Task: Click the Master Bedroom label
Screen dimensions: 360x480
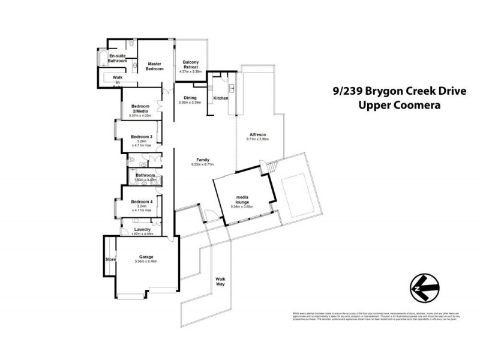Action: pyautogui.click(x=155, y=66)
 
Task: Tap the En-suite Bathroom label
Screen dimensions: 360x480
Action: pyautogui.click(x=117, y=58)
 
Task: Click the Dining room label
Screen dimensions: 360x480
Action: pyautogui.click(x=190, y=98)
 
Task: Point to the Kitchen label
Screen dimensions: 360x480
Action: pyautogui.click(x=220, y=98)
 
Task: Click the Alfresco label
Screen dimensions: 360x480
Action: pyautogui.click(x=257, y=135)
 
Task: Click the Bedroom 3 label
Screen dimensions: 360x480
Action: pyautogui.click(x=142, y=137)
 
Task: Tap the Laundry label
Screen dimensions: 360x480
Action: pyautogui.click(x=143, y=229)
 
